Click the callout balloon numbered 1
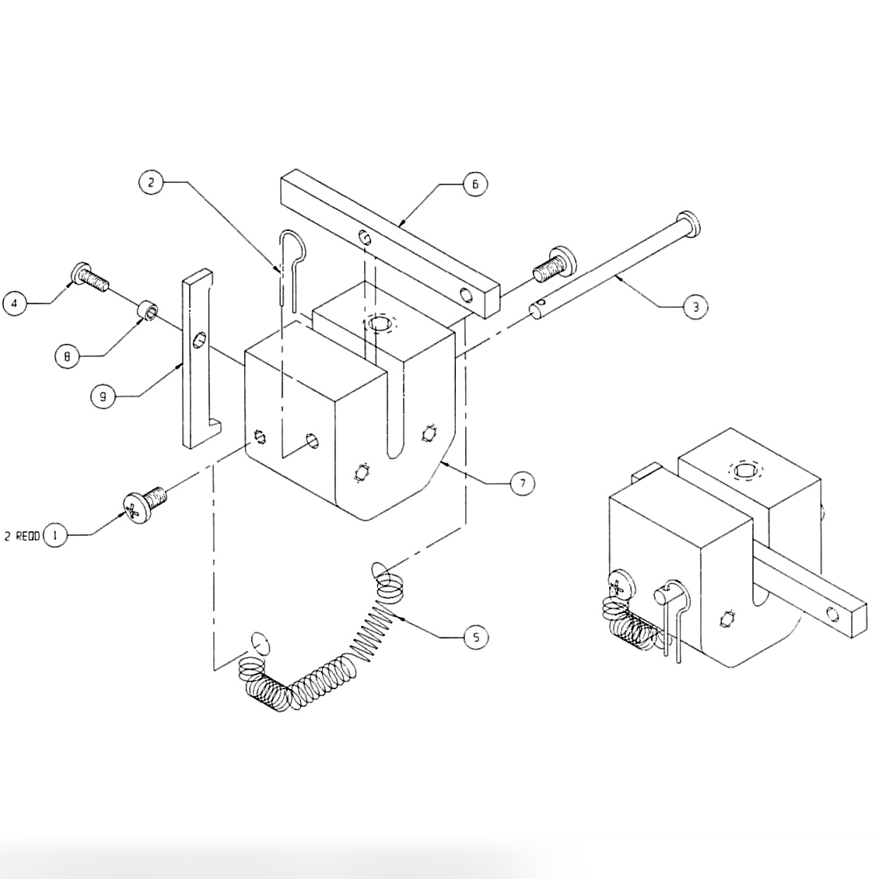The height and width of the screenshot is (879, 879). pos(54,535)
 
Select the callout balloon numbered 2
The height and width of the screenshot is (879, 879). pos(151,182)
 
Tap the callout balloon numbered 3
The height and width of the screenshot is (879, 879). pos(695,307)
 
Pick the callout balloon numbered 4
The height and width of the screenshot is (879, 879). pos(15,303)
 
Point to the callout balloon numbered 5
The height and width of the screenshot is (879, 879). pos(476,637)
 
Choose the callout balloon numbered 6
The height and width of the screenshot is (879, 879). pos(475,184)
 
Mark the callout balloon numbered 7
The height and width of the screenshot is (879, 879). pos(522,483)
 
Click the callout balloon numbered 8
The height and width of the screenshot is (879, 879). pos(67,356)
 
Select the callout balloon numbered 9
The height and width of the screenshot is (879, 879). pos(102,397)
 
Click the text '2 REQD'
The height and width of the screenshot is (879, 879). pos(22,536)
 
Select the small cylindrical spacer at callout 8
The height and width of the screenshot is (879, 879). pos(148,312)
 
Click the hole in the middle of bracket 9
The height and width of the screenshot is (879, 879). pos(198,340)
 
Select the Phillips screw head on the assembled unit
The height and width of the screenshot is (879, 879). pos(617,584)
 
